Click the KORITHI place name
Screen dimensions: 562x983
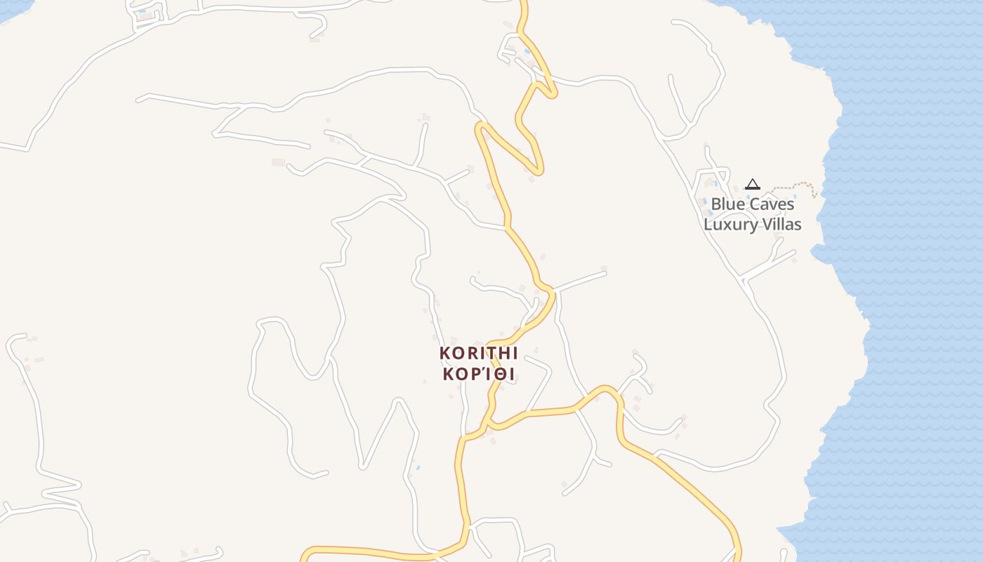click(478, 353)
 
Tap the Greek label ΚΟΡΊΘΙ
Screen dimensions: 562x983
click(478, 374)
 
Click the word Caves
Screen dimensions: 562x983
click(772, 204)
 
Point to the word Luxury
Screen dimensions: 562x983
click(730, 225)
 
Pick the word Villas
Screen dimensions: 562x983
click(781, 225)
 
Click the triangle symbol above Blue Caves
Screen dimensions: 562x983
click(753, 185)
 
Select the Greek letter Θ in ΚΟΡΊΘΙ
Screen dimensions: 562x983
click(499, 374)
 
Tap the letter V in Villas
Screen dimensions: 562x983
click(766, 225)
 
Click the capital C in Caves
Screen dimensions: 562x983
click(758, 204)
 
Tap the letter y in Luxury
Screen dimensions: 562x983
click(753, 226)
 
